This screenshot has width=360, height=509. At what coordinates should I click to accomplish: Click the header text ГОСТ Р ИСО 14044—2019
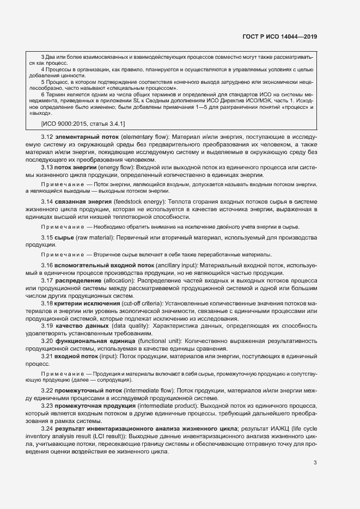[279, 36]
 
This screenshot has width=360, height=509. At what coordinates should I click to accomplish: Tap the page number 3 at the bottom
[315, 463]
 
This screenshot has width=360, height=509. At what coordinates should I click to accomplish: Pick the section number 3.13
[47, 168]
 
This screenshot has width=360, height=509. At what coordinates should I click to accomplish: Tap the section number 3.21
[47, 355]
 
